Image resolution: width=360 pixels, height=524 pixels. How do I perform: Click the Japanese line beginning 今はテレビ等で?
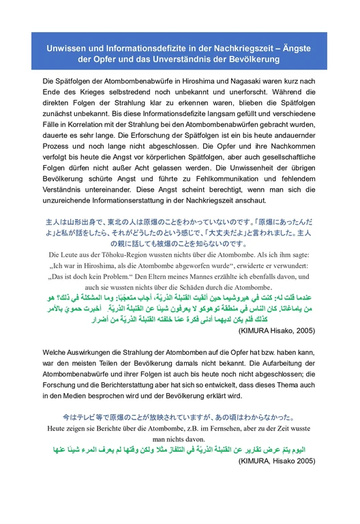click(178, 416)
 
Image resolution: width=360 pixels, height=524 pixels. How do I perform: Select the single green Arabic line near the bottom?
click(179, 451)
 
